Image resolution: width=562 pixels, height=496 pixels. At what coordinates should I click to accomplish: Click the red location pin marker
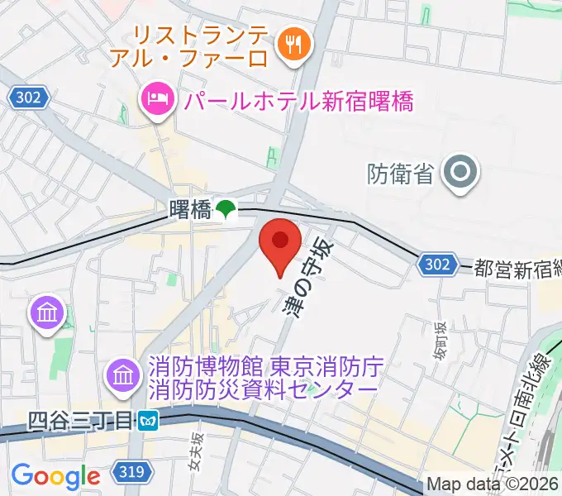280,242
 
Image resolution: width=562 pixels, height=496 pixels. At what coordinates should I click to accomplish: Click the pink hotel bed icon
155,100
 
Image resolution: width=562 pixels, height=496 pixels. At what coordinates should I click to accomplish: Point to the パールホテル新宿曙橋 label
298,101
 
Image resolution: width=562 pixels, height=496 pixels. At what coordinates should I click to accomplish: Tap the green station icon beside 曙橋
226,210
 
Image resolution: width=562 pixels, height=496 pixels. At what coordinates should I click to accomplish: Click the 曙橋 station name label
189,210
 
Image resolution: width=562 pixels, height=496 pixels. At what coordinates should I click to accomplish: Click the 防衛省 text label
399,174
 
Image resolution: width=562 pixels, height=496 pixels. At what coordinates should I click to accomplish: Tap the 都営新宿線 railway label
517,267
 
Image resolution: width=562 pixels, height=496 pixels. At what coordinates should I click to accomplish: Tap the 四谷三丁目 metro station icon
149,421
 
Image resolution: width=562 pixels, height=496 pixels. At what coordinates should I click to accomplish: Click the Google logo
55,476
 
